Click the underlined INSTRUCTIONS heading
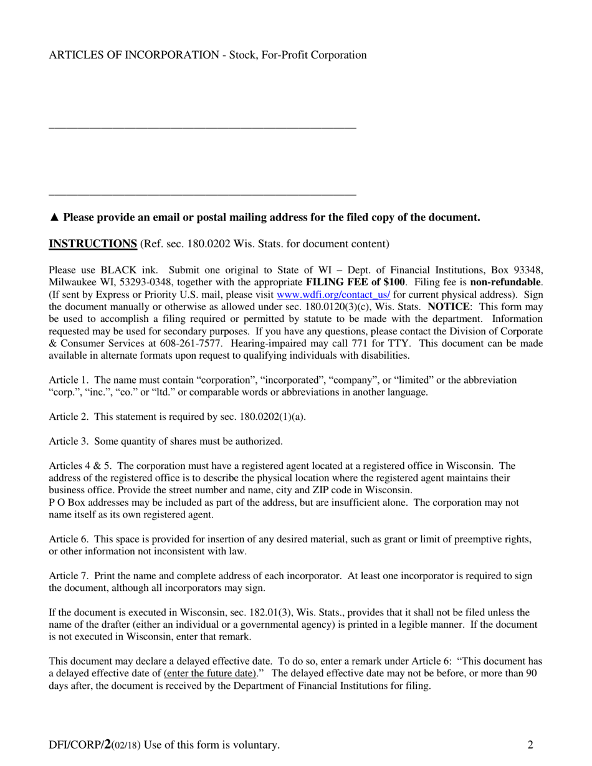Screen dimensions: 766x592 pyautogui.click(x=93, y=244)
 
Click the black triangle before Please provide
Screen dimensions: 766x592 pyautogui.click(x=54, y=217)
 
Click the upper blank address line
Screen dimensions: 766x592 pyautogui.click(x=203, y=128)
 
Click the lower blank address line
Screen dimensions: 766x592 pyautogui.click(x=203, y=195)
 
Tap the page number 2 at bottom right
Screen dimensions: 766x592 pyautogui.click(x=530, y=745)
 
